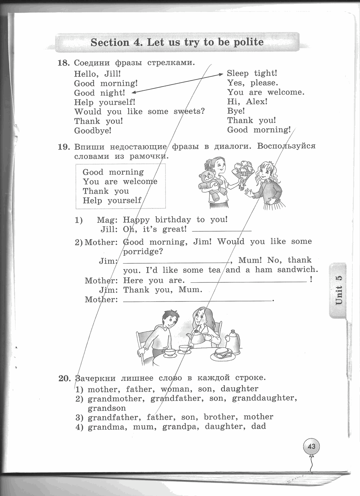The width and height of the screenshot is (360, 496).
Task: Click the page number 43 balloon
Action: [311, 446]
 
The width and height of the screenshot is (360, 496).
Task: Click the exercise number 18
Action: [63, 63]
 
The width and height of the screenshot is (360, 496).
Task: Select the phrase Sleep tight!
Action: [252, 73]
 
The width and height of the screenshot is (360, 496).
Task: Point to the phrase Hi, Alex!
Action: [247, 102]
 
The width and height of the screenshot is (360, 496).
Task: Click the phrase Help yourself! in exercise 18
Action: [105, 102]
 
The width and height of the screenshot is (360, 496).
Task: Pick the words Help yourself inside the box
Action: [112, 201]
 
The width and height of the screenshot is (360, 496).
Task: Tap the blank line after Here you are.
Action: [248, 281]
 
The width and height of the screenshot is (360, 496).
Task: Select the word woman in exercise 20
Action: [175, 389]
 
